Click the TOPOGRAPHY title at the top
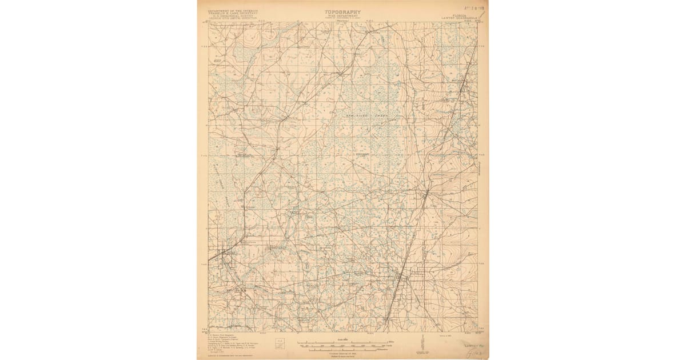tap(342, 11)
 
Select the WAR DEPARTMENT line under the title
tap(342, 15)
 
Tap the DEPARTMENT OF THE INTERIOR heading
tap(233, 10)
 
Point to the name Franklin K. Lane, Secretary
tap(233, 13)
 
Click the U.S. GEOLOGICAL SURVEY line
tap(233, 16)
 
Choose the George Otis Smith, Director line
tap(233, 19)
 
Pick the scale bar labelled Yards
tap(343, 345)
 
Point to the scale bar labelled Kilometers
tap(343, 350)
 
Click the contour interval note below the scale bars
tap(343, 354)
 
